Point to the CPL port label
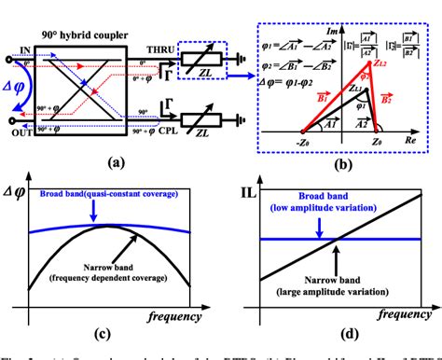[x=166, y=133]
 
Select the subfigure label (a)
[x=116, y=160]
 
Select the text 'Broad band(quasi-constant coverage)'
[x=95, y=195]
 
